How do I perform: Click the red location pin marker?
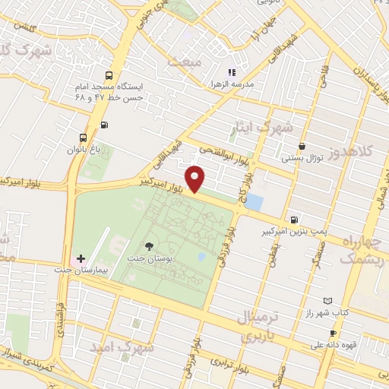[x=196, y=179]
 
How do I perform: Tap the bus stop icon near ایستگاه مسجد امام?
[x=109, y=76]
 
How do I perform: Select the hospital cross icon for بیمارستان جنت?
[x=81, y=259]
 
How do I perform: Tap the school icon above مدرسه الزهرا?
[x=232, y=72]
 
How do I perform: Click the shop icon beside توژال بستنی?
[x=303, y=146]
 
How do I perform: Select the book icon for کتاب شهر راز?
[x=328, y=301]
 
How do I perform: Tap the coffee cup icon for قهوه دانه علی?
[x=332, y=334]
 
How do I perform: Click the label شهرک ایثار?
[x=273, y=128]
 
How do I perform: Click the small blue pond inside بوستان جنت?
[x=201, y=257]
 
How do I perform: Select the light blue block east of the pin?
[x=255, y=202]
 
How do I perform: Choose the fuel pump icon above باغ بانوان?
[x=104, y=125]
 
